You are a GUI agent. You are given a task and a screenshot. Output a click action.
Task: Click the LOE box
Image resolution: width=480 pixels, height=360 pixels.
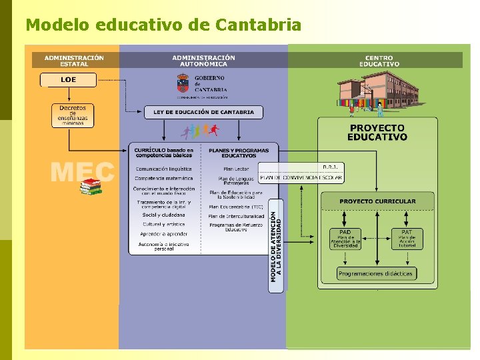69,80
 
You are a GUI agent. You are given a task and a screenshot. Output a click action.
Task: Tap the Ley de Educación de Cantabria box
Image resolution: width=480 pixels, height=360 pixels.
203,112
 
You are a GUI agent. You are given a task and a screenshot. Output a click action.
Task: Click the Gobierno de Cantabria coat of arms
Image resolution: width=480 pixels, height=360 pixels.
182,83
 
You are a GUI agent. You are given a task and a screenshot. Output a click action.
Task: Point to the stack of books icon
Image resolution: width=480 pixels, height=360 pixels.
91,187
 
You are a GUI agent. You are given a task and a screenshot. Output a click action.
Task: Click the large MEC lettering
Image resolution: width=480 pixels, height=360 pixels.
82,173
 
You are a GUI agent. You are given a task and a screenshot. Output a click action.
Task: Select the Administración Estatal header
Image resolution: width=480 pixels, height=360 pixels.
74,60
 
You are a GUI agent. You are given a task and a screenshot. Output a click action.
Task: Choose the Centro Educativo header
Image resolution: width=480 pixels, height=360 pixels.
379,61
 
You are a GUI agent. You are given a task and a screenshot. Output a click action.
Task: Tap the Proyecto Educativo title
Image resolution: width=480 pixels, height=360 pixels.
377,132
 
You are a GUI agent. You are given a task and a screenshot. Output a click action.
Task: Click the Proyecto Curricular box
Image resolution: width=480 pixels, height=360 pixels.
377,201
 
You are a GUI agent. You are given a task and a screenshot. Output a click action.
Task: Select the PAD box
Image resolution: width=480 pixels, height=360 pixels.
345,239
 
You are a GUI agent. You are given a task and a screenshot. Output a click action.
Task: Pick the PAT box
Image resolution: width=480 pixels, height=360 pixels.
407,239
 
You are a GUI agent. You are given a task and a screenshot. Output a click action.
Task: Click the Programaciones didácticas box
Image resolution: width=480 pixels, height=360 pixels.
376,273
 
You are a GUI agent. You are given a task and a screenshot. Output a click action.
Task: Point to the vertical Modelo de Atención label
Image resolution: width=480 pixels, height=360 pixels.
276,246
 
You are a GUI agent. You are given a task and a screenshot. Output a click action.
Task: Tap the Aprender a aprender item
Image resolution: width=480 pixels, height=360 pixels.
163,235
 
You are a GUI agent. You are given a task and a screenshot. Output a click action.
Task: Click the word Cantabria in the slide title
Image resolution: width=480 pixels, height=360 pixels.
259,25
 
